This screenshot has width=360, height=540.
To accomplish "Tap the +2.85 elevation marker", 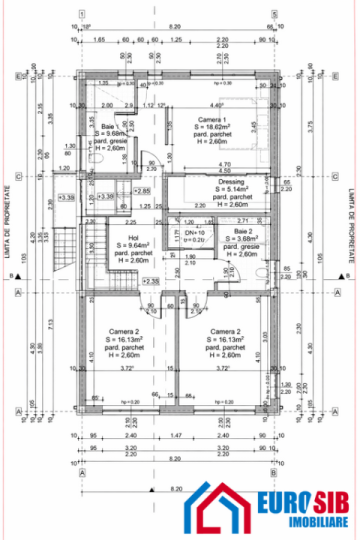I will (x=143, y=190).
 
